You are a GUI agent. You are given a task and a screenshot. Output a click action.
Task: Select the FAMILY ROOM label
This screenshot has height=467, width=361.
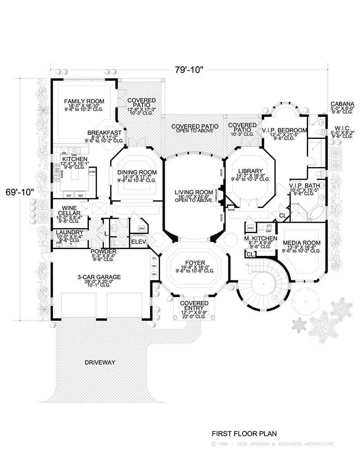point(84,101)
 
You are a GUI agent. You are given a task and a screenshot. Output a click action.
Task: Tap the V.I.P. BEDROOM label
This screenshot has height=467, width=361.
point(285,130)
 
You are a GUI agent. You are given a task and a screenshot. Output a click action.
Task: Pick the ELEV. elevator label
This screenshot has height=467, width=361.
point(137,242)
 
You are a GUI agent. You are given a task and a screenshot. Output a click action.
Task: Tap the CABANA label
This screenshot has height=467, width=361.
point(342,103)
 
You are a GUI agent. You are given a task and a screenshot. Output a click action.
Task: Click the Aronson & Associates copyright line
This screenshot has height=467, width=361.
point(273,444)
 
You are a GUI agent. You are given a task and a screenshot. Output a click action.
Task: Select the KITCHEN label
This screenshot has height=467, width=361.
point(71,160)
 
